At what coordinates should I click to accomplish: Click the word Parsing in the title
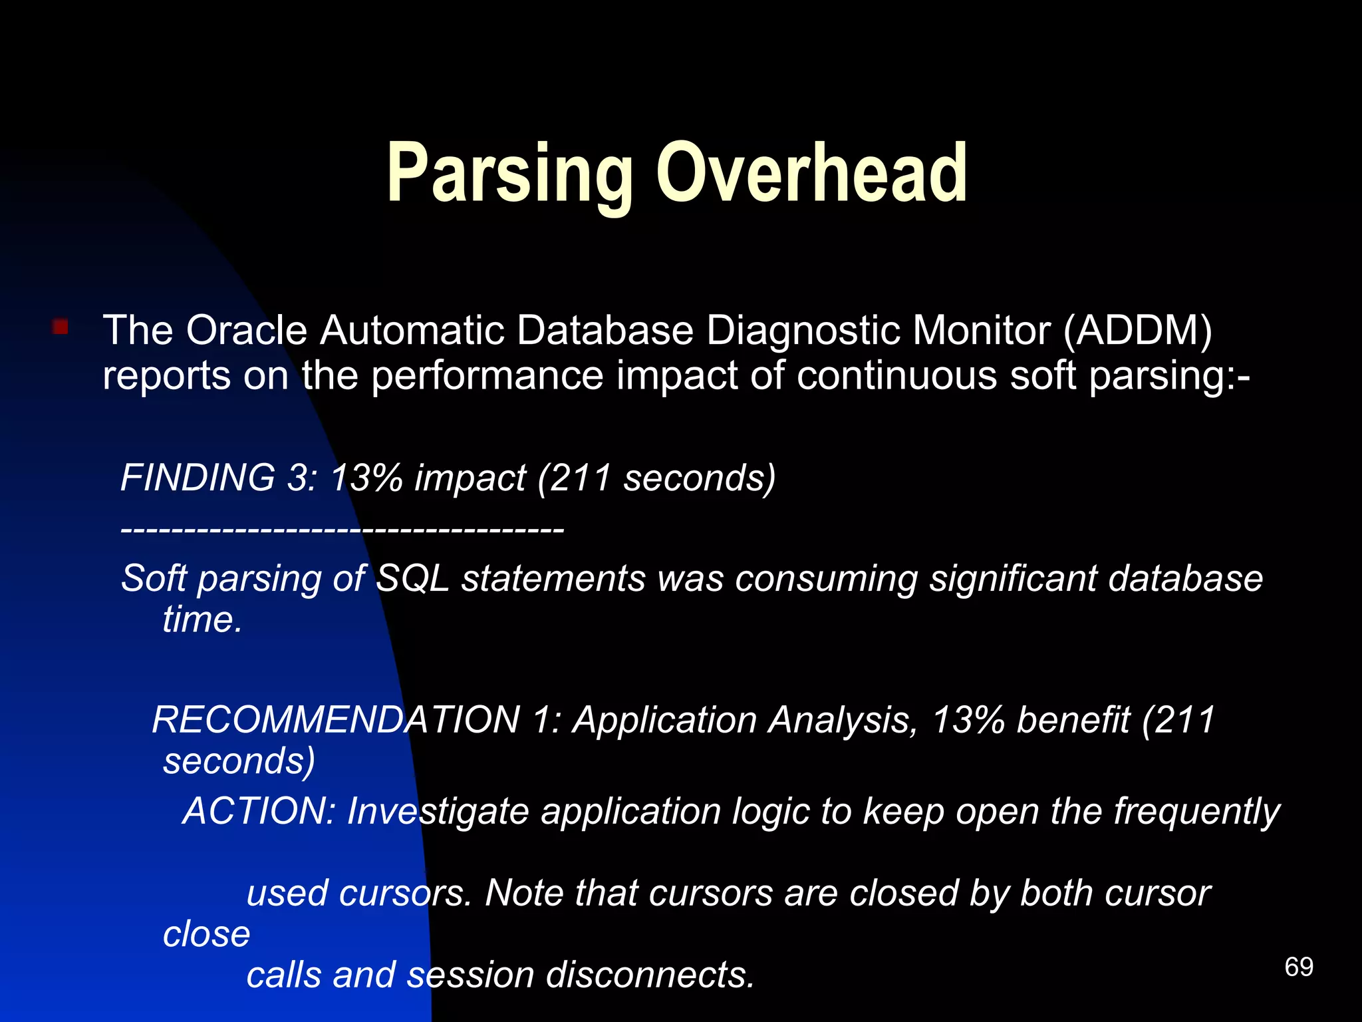(509, 174)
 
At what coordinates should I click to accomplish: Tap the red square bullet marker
(61, 327)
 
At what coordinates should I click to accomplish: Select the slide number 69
(1299, 967)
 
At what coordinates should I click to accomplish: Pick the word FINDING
(198, 478)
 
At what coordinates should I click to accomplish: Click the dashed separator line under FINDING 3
(342, 530)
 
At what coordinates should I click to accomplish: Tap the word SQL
(413, 578)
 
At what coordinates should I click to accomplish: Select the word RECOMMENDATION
(336, 720)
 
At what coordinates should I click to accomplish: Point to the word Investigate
(438, 812)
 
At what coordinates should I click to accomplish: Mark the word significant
(1012, 578)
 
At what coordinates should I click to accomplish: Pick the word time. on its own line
(202, 619)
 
